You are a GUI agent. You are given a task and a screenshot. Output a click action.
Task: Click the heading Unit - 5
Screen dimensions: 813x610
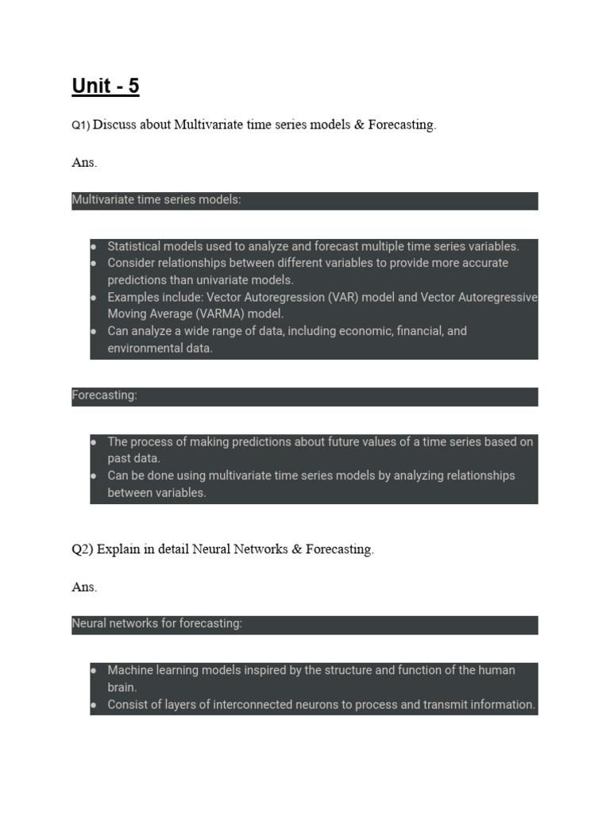click(106, 86)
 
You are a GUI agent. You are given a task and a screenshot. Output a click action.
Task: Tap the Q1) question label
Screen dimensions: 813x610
click(81, 125)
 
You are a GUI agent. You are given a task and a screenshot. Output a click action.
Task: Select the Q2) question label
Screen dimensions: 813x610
click(83, 549)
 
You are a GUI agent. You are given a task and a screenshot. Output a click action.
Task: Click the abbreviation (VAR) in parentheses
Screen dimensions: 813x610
click(331, 297)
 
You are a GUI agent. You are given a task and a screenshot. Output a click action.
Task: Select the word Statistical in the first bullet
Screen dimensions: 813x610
click(135, 246)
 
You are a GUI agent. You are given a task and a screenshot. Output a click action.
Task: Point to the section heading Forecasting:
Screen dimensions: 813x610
click(104, 395)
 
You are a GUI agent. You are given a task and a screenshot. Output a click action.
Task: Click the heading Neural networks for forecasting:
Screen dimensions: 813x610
click(156, 624)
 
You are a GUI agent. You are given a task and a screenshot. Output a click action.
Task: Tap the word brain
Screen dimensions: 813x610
click(122, 688)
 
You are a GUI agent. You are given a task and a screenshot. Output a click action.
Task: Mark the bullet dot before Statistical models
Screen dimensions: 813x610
click(95, 246)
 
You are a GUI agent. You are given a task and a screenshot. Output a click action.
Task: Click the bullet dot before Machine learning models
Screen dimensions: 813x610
click(95, 670)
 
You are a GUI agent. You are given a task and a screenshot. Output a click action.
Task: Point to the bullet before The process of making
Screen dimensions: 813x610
click(95, 441)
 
